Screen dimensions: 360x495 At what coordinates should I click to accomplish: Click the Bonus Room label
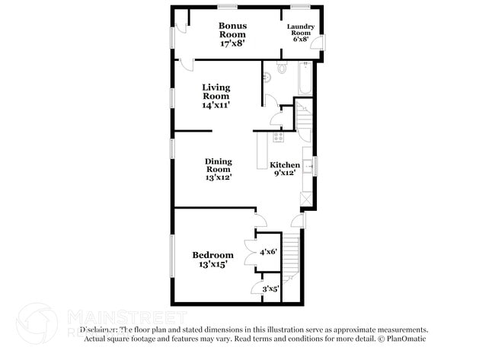(x=232, y=34)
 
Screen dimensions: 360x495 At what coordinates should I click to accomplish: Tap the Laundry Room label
(x=299, y=33)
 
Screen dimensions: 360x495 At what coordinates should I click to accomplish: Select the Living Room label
(x=216, y=96)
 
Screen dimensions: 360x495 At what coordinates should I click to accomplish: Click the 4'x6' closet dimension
(x=268, y=252)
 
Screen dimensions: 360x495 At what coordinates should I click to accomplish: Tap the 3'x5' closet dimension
(x=270, y=288)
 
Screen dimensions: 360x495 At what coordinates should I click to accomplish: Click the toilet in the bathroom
(x=283, y=68)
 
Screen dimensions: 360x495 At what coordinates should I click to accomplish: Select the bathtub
(x=305, y=78)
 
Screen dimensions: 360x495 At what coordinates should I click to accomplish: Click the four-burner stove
(x=278, y=138)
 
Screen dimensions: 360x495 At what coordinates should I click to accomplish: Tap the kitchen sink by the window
(x=307, y=164)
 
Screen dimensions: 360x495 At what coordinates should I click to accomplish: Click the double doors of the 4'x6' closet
(x=251, y=252)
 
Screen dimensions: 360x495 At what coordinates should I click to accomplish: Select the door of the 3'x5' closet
(x=255, y=288)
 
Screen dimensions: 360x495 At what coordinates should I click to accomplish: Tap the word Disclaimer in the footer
(x=98, y=330)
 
